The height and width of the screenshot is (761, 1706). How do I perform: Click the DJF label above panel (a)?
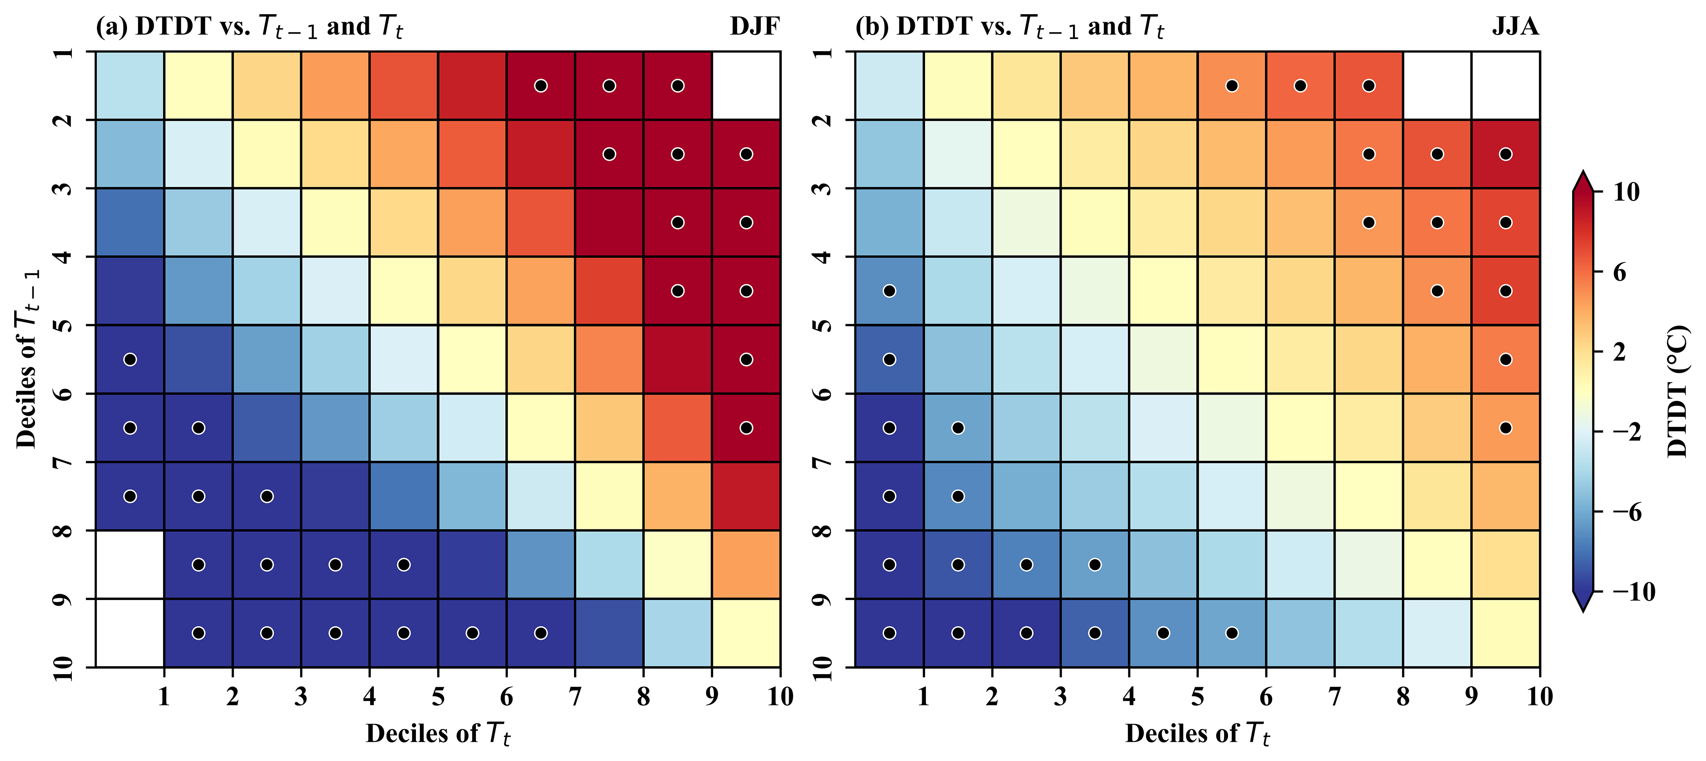point(754,26)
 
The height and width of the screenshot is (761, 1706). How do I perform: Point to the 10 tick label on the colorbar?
point(1626,192)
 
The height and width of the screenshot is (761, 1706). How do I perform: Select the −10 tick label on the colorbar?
point(1633,591)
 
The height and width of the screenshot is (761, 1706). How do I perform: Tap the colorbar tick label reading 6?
point(1619,272)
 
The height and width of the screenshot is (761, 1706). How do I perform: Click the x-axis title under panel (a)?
point(438,734)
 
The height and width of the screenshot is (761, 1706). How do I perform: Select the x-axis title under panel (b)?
point(1197,734)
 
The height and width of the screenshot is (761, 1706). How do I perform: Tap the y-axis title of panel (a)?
point(28,358)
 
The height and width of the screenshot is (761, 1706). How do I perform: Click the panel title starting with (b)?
point(1009,26)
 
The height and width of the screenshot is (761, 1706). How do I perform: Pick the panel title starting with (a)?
point(249,26)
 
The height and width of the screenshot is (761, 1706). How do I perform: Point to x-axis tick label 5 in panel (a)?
point(438,697)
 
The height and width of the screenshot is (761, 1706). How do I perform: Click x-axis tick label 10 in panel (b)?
point(1539,697)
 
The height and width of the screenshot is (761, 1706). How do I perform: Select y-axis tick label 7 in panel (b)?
point(822,462)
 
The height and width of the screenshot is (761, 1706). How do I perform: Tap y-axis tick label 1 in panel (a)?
point(63,52)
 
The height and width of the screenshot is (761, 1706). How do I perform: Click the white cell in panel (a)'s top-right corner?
point(746,86)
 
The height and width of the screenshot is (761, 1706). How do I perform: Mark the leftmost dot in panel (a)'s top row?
point(540,86)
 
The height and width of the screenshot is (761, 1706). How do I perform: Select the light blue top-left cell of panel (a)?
point(130,86)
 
